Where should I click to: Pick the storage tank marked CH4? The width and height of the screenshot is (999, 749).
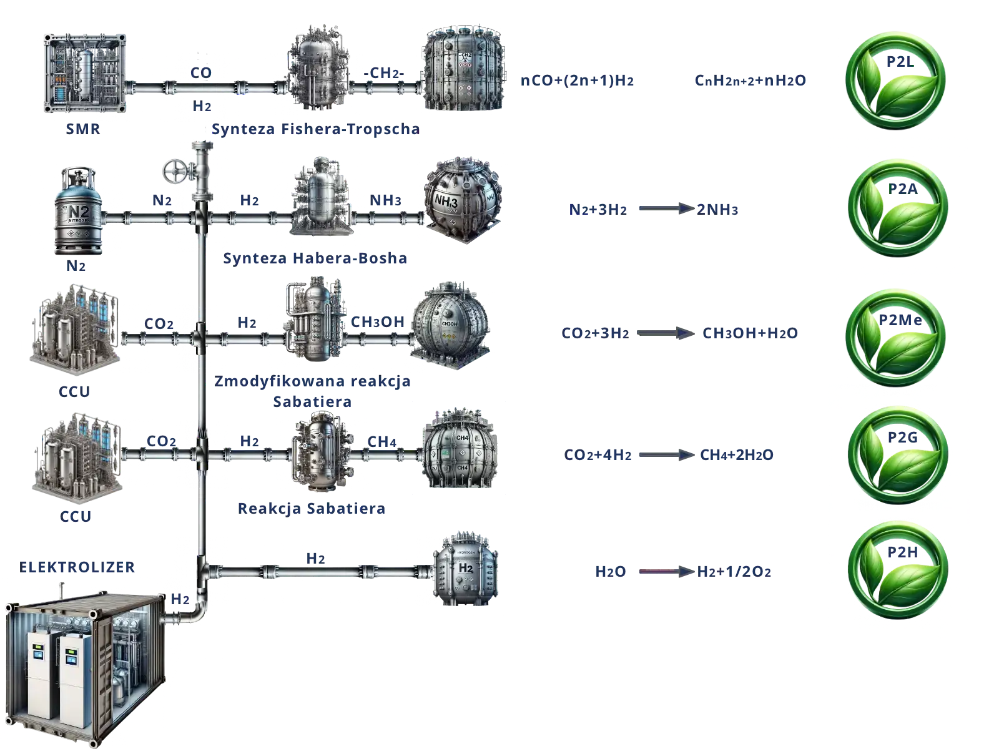pos(460,450)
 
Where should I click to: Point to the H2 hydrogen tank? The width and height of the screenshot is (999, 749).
pos(465,570)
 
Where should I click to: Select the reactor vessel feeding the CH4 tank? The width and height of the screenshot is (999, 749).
pos(318,449)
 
